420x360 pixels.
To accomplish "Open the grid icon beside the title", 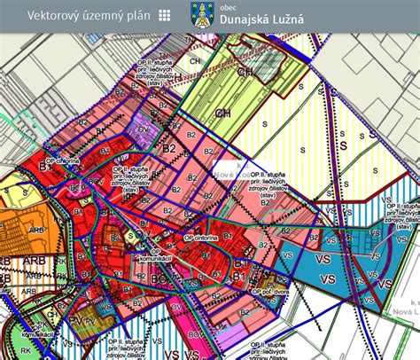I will (x=165, y=15).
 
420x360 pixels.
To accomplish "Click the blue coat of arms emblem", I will (x=200, y=15).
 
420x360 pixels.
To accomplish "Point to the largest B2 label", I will (x=168, y=150).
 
